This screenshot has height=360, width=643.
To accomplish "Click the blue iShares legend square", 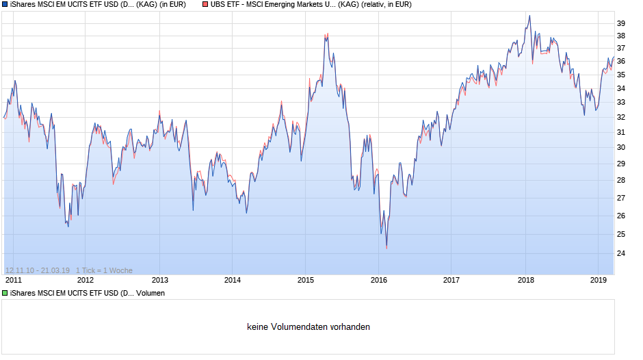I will (5, 4).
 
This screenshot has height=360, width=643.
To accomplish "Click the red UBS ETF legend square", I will (205, 4).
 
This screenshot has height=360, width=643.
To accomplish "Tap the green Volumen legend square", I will (5, 293).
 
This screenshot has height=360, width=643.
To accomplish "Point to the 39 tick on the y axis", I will (621, 23).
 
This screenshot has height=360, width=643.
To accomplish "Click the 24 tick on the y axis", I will (621, 253).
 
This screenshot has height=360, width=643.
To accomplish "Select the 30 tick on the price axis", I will (621, 147).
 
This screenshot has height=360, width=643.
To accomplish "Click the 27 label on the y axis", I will (621, 198).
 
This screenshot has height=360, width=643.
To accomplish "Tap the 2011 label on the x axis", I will (13, 280).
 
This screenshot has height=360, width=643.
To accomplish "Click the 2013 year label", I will (159, 280).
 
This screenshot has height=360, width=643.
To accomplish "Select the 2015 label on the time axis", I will (306, 280).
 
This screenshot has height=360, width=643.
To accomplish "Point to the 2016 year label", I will (379, 280).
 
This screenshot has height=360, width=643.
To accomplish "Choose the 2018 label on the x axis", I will (525, 280).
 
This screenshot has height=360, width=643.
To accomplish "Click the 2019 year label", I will (599, 280).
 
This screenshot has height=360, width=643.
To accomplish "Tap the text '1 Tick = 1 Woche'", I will (104, 270).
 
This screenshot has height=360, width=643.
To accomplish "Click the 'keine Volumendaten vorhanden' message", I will (309, 327).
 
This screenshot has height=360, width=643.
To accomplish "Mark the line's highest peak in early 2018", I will (529, 16).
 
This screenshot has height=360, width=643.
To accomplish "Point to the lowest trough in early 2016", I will (386, 247).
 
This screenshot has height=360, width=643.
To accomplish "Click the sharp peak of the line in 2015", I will (328, 34).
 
